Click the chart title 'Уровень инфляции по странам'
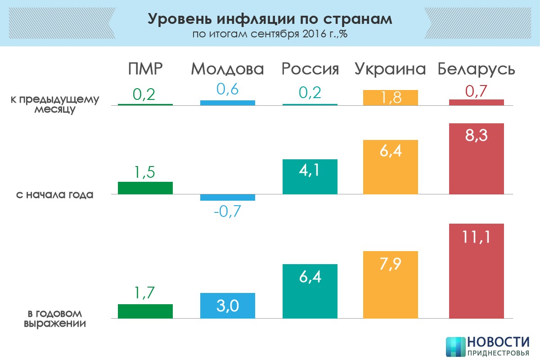click(270, 19)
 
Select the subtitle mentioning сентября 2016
click(270, 34)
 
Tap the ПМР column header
click(144, 69)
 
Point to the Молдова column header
click(227, 69)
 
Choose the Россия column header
click(310, 69)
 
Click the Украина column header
click(390, 69)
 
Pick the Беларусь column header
click(477, 69)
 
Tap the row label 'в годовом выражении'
click(54, 318)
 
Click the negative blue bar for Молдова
click(227, 198)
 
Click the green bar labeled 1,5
click(145, 188)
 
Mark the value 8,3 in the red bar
click(477, 135)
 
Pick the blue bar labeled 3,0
click(227, 306)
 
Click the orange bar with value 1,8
click(390, 98)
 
